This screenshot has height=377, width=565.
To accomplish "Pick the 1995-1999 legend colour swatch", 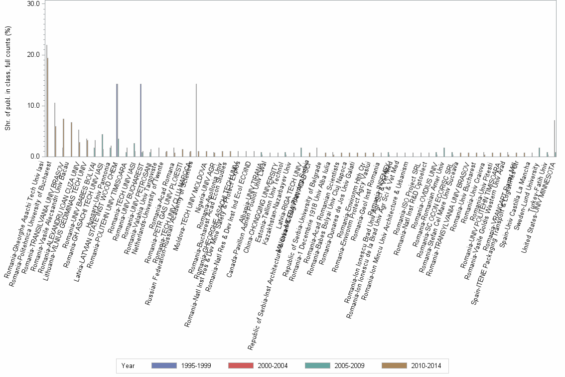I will pos(164,366).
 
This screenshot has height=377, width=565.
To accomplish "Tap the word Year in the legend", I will pos(128,366).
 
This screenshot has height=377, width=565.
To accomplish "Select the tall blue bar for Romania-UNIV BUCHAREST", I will pos(141,120).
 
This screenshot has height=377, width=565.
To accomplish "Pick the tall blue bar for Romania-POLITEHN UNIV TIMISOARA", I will pos(117,120).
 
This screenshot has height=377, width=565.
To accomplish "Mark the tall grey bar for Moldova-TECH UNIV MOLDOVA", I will pos(196,120).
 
